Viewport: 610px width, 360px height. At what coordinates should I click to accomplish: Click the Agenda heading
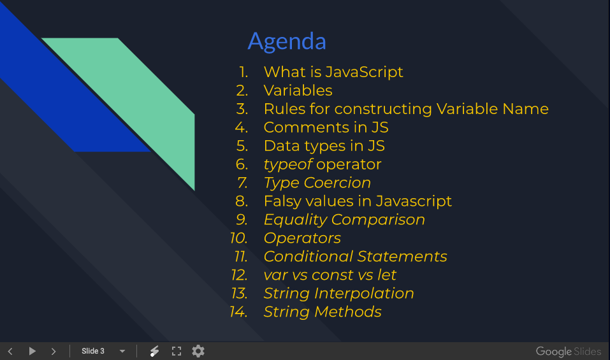(x=287, y=41)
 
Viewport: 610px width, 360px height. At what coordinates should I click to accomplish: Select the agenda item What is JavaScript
(x=333, y=72)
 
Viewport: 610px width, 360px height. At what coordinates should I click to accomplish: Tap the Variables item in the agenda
(x=298, y=90)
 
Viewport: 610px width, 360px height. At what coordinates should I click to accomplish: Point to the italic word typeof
(x=288, y=164)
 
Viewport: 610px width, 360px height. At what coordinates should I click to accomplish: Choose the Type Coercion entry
(x=317, y=183)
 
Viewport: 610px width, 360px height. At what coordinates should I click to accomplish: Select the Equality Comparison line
(x=344, y=220)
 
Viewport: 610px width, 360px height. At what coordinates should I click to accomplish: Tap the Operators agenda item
(x=302, y=238)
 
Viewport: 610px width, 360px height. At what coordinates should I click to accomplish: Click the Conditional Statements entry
(x=355, y=257)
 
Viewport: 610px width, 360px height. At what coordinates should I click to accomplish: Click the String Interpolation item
(x=338, y=294)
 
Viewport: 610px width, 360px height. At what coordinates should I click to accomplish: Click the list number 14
(x=238, y=312)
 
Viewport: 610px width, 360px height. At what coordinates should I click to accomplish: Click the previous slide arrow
(x=10, y=351)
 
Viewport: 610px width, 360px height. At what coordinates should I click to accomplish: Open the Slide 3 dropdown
(x=122, y=351)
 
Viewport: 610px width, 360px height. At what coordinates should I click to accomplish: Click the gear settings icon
(x=198, y=351)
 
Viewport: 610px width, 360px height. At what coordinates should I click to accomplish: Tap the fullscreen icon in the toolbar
(x=177, y=351)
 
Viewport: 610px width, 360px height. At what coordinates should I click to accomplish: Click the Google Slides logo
(x=568, y=352)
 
